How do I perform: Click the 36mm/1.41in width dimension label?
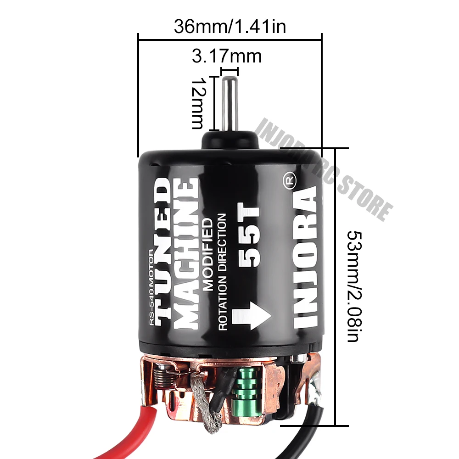(x=229, y=27)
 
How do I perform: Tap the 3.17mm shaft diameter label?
(x=226, y=57)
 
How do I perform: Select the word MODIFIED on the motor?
(x=208, y=254)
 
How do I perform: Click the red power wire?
(x=147, y=404)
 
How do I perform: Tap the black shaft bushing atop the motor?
(x=229, y=138)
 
